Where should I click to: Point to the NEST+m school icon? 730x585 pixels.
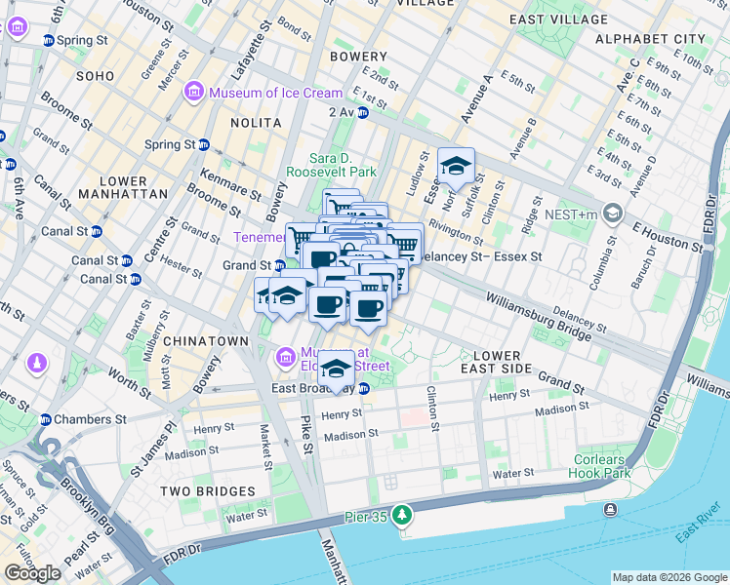point(613,213)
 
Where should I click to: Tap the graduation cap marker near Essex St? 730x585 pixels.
point(456,166)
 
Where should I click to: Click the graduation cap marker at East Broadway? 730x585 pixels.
point(337,369)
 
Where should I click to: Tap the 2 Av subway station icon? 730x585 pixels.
point(362,113)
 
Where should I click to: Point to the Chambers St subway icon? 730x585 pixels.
point(45,419)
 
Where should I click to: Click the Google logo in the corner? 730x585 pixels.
point(32,572)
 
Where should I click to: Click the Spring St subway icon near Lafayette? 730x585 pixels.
point(204,144)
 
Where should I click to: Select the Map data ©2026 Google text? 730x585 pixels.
point(669,577)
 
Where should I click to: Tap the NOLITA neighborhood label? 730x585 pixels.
point(256,123)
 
